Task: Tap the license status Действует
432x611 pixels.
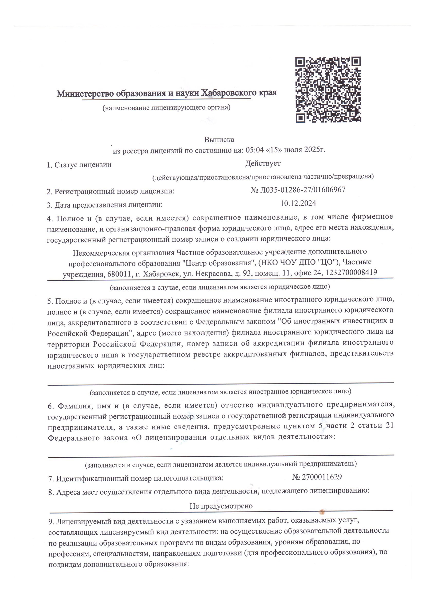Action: pyautogui.click(x=263, y=163)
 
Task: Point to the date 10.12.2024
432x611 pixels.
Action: pyautogui.click(x=298, y=203)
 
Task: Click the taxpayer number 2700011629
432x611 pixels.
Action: pyautogui.click(x=321, y=477)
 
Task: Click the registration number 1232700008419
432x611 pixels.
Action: pyautogui.click(x=351, y=272)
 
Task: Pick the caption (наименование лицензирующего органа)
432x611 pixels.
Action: pyautogui.click(x=166, y=108)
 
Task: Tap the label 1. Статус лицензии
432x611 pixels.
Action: pyautogui.click(x=79, y=165)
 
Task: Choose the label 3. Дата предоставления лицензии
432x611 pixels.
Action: pyautogui.click(x=105, y=205)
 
